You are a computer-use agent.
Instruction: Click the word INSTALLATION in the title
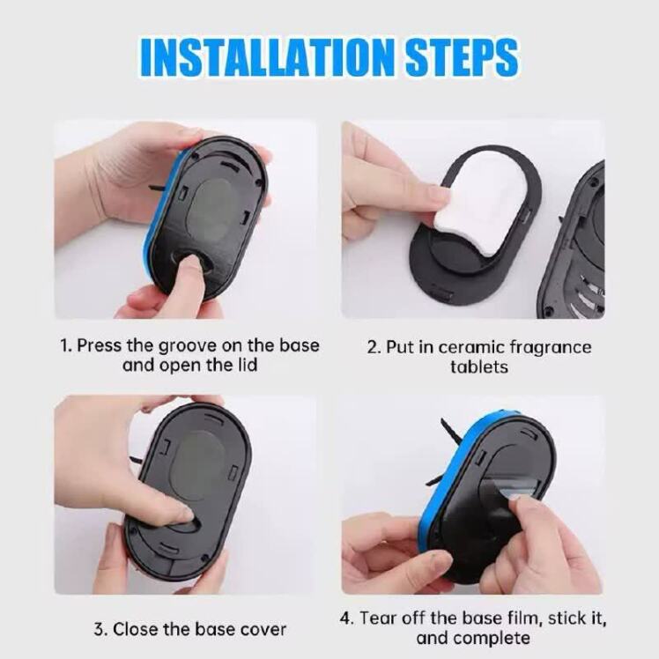(267, 57)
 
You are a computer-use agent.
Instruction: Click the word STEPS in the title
(462, 57)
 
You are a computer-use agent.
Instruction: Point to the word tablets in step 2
(479, 367)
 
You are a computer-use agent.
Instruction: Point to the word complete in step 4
(491, 639)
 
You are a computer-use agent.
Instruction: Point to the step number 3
(99, 630)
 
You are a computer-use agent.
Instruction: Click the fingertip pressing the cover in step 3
(184, 513)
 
